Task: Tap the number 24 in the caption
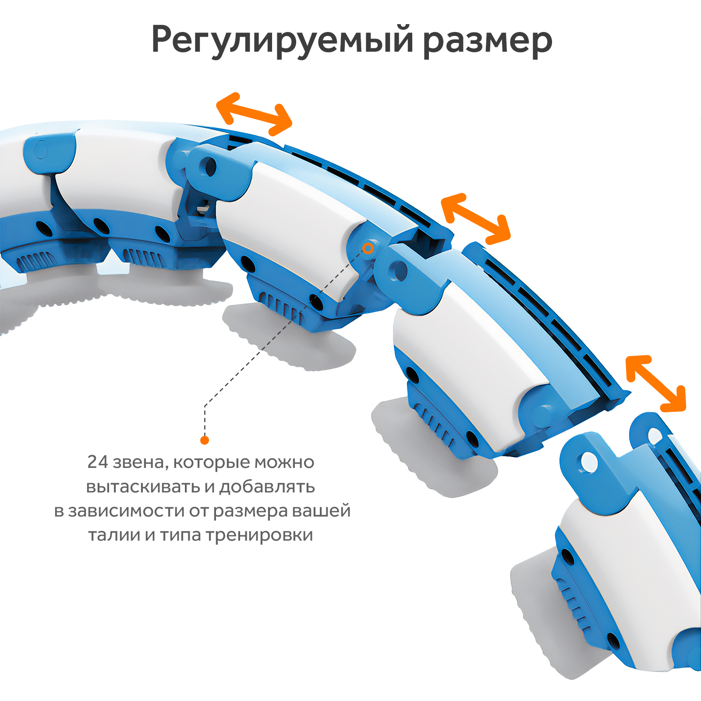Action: click(97, 462)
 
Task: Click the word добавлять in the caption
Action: click(267, 487)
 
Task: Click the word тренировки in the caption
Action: click(259, 535)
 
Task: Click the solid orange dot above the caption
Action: click(205, 440)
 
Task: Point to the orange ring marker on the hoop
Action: click(368, 248)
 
